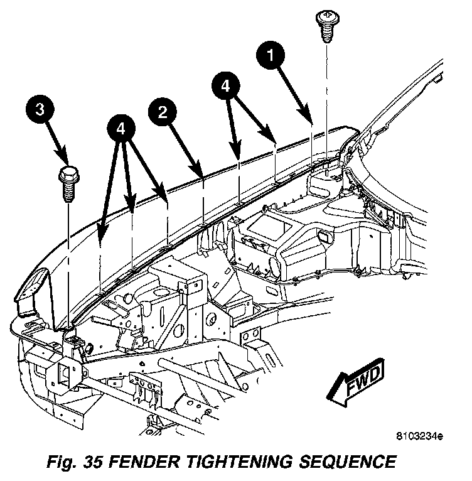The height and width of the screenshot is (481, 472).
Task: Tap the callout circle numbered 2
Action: [x=162, y=112]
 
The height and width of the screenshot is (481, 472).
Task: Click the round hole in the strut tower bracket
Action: [x=178, y=329]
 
